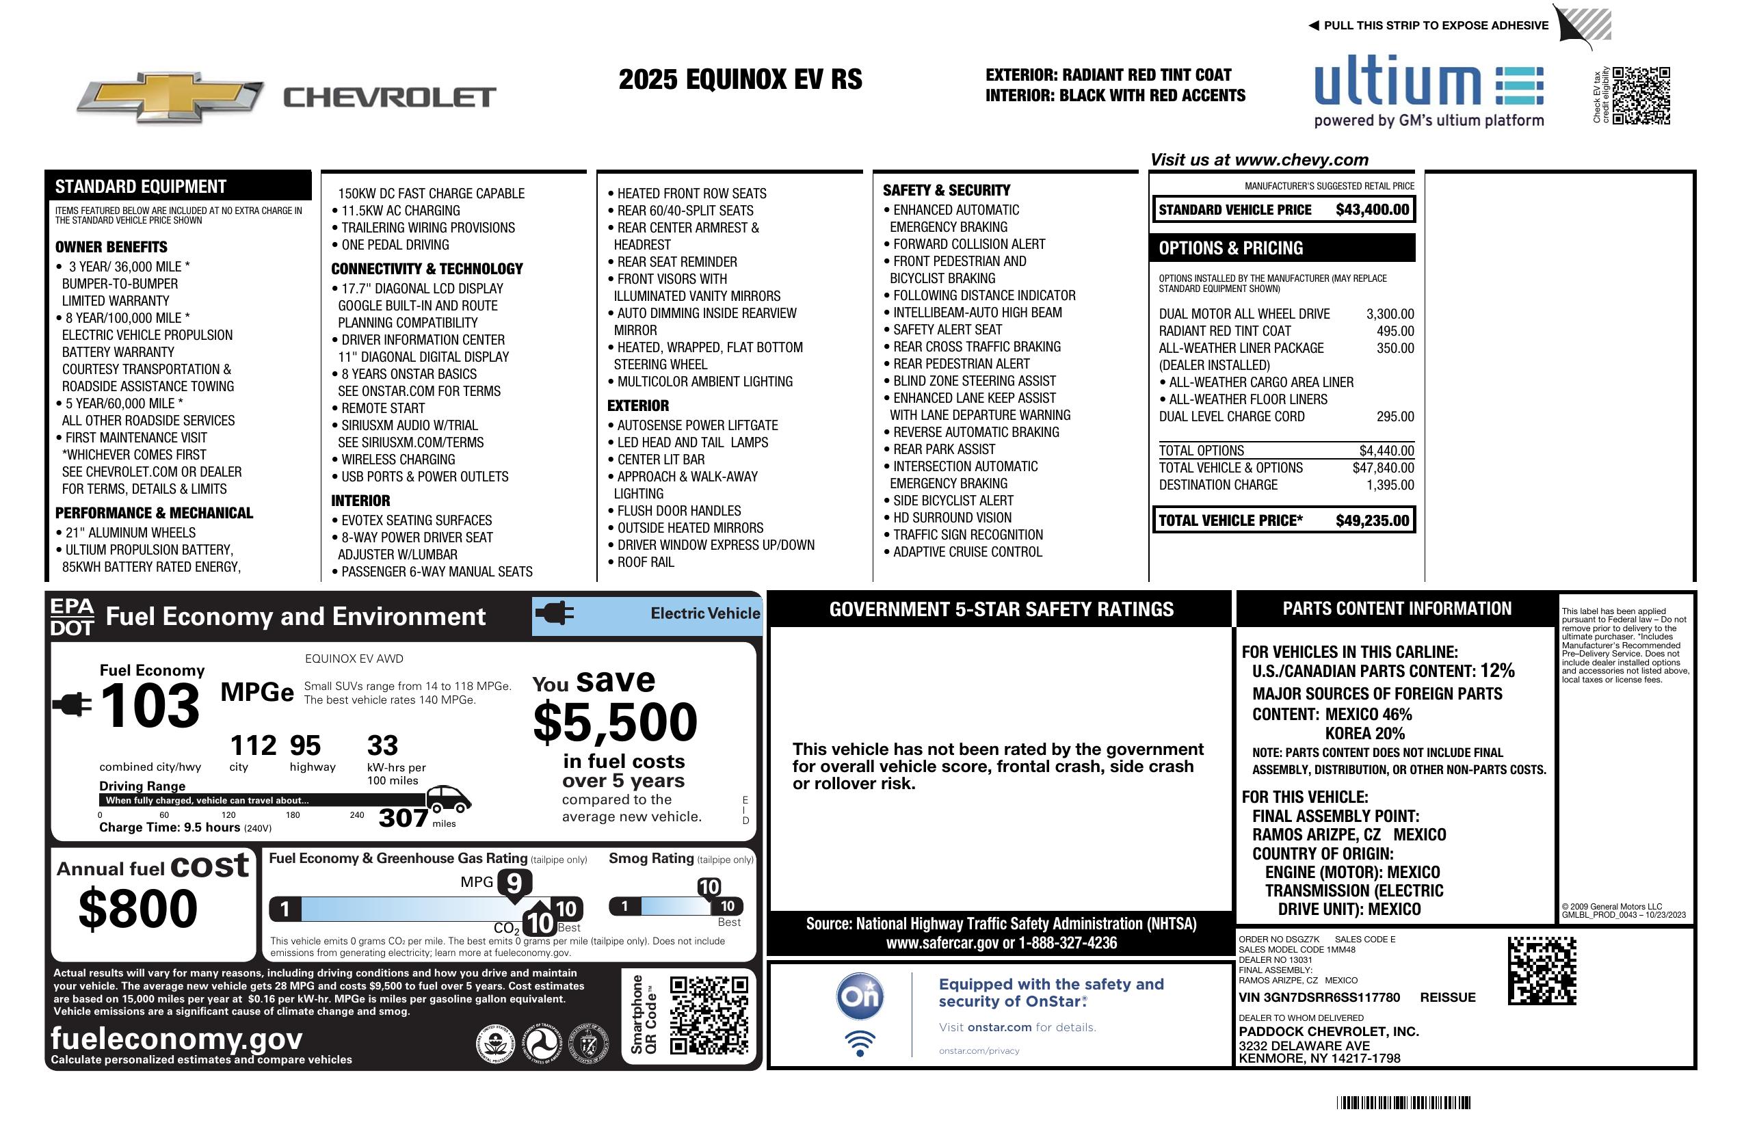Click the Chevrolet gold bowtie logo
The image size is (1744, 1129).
tap(170, 96)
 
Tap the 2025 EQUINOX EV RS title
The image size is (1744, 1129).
tap(740, 79)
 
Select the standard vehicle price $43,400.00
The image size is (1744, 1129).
tap(1371, 209)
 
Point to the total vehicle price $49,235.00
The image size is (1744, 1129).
tap(1371, 520)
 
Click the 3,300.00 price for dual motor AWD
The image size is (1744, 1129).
tap(1389, 314)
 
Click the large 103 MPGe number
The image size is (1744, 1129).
tap(150, 705)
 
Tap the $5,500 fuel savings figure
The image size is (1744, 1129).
tap(615, 722)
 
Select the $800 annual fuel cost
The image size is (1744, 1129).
tap(137, 909)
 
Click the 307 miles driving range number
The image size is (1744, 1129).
tap(403, 818)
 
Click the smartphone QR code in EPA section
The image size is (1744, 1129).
tap(708, 1015)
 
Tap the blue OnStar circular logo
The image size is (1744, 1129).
tap(860, 996)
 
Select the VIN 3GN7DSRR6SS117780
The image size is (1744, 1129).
tap(1319, 997)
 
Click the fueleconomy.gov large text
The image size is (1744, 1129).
tap(176, 1038)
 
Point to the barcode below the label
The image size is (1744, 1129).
tap(1403, 1102)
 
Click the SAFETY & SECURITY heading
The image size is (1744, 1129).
tap(946, 189)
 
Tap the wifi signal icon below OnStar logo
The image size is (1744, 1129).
tap(860, 1043)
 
